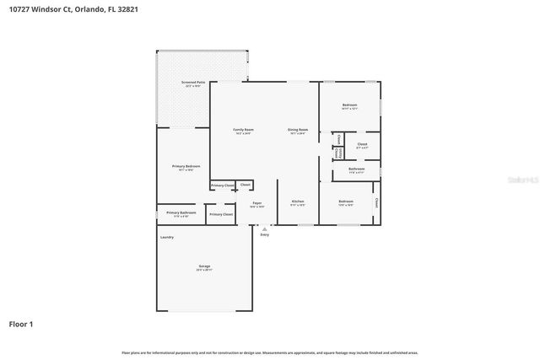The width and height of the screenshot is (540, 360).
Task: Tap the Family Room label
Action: click(x=244, y=129)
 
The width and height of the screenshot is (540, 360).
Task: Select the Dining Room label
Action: click(x=299, y=129)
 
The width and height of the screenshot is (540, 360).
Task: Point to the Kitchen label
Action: click(x=298, y=201)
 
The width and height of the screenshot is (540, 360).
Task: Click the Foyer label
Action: click(x=256, y=202)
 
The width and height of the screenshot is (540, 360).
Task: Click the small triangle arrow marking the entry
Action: click(x=264, y=227)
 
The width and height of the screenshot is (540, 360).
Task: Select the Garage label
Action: click(x=204, y=267)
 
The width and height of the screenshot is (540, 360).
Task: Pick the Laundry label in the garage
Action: click(x=167, y=237)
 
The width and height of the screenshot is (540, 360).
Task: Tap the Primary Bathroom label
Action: click(x=181, y=212)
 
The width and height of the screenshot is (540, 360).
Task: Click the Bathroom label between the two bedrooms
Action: click(x=356, y=169)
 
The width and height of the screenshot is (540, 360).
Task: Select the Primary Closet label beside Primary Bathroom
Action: click(x=220, y=214)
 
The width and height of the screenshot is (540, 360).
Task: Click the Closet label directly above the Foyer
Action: click(x=245, y=184)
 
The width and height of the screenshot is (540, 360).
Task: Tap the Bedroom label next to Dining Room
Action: click(x=349, y=105)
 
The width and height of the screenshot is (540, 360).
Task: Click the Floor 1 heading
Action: click(x=21, y=324)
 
